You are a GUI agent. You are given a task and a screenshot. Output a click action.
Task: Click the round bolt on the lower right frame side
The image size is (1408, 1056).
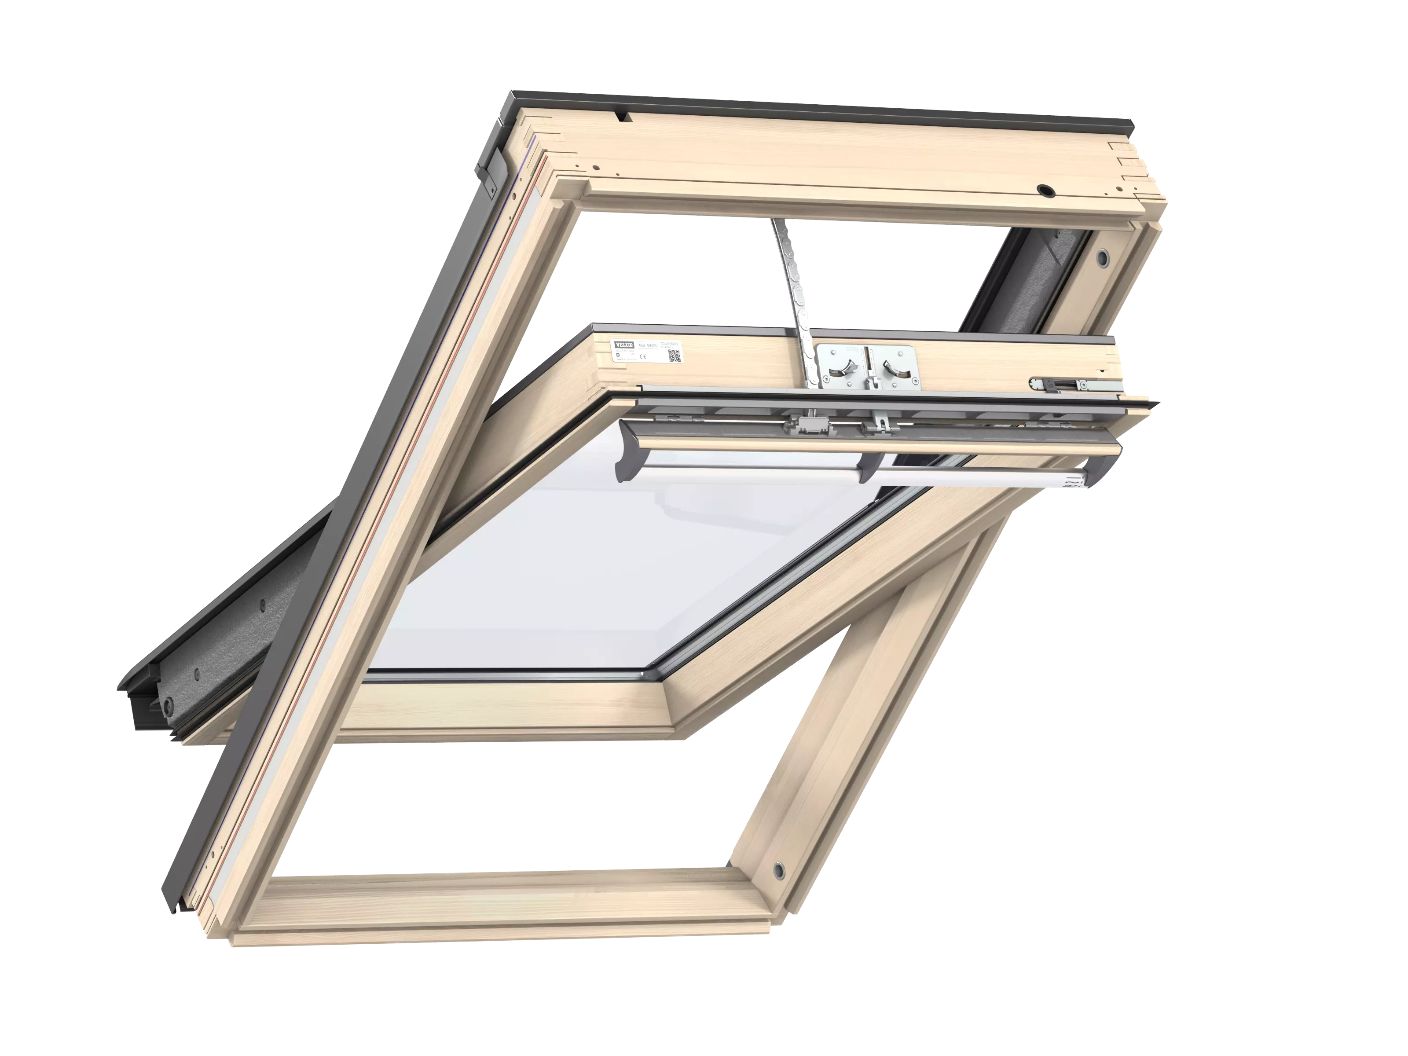pos(778,869)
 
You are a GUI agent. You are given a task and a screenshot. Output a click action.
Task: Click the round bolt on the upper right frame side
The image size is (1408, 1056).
pos(1102,256)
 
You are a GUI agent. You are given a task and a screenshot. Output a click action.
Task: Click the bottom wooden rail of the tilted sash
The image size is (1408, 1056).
pos(509,713)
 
